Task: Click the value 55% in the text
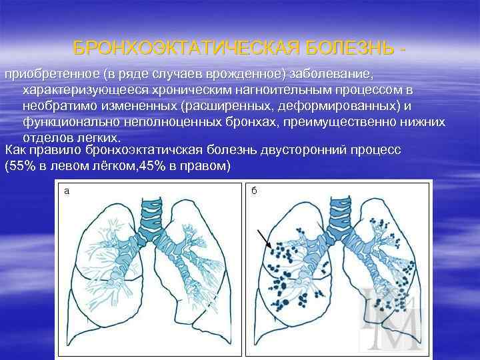tap(22, 165)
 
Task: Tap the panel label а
tap(66, 191)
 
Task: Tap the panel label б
tap(254, 191)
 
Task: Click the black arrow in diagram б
tap(265, 237)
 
